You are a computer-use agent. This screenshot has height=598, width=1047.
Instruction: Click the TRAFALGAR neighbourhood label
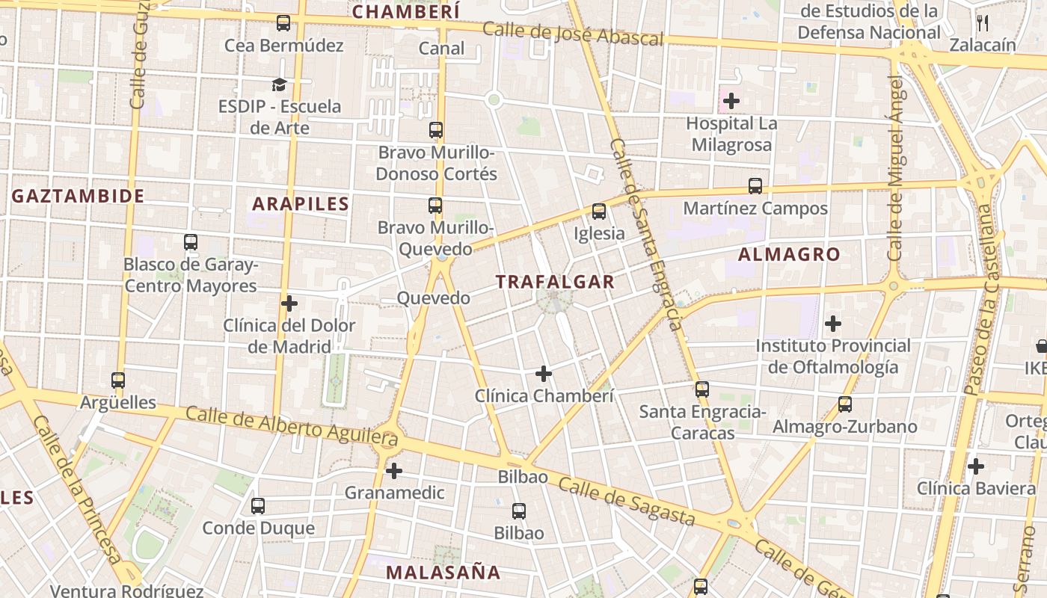coord(555,282)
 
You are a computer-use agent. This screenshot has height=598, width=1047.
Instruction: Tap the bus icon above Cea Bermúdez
coord(283,23)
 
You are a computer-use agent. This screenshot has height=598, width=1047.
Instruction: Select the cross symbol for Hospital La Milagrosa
coord(731,101)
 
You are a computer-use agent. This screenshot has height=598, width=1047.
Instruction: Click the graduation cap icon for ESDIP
coord(279,84)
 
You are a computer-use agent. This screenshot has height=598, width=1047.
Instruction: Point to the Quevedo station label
coord(434,298)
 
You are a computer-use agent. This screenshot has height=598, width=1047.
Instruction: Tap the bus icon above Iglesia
coord(599,212)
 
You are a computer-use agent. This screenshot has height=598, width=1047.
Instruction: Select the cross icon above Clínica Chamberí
coord(544,374)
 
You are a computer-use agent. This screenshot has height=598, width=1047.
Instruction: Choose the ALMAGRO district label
coord(789,254)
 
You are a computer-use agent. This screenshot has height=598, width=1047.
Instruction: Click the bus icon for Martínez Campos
coord(755,186)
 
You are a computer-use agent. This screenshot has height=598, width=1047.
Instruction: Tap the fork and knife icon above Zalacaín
coord(983,23)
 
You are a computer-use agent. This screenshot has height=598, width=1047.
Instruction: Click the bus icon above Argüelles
coord(118,380)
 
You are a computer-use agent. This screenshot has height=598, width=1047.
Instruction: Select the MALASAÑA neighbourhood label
coord(443,573)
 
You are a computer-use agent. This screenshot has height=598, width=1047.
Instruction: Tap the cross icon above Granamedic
coord(393,471)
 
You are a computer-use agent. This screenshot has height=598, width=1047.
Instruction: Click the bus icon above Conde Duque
coord(258,506)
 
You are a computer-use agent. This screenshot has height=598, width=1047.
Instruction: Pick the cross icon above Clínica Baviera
coord(975,466)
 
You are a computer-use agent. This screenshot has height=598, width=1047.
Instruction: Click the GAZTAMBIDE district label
coord(78,196)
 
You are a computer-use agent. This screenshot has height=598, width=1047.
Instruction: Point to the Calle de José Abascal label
coord(573,34)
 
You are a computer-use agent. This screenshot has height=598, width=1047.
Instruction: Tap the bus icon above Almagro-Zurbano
coord(845,404)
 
